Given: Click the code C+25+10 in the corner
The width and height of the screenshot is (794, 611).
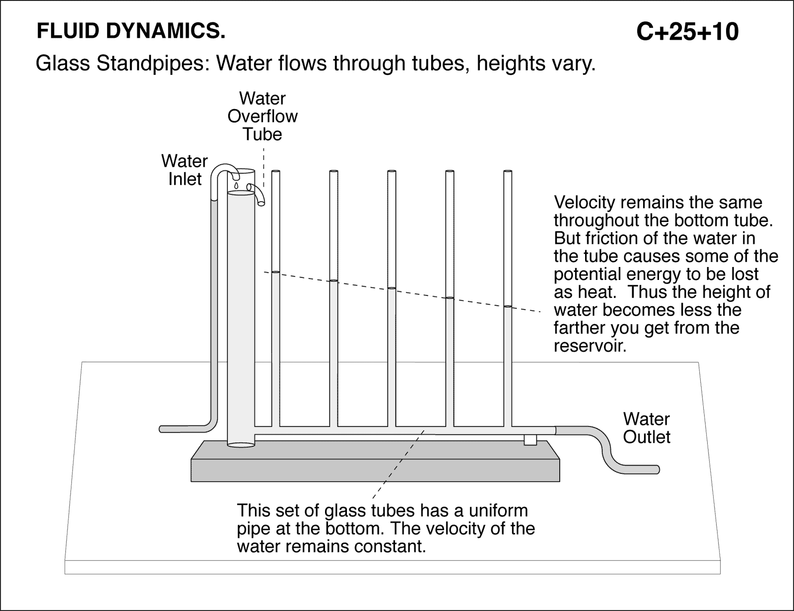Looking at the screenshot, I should coord(687,32).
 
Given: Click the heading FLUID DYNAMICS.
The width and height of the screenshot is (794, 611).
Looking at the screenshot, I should coord(131,32).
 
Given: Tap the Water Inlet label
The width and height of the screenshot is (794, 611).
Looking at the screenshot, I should coord(185,170).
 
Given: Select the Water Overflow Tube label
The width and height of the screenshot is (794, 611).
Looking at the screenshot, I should coord(263,116).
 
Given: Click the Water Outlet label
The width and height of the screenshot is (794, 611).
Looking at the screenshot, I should coord(646,428).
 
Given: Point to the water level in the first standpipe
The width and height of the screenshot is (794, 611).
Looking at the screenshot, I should coord(276,272).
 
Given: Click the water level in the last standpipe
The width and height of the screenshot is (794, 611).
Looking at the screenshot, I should coord(508,307).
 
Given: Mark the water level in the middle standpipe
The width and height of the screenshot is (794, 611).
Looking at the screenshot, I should coord(392,288).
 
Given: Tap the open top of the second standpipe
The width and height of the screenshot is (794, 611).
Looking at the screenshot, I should coord(333,172).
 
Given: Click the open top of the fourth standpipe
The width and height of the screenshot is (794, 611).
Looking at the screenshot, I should coord(450,172).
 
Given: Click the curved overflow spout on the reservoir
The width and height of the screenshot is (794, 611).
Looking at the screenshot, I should coord(258,194).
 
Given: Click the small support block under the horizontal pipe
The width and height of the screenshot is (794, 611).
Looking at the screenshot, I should coord(530,440).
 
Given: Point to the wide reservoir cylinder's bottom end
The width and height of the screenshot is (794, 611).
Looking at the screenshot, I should coord(241,444).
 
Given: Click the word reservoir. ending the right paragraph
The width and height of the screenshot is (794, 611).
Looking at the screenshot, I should coord(590,346).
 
